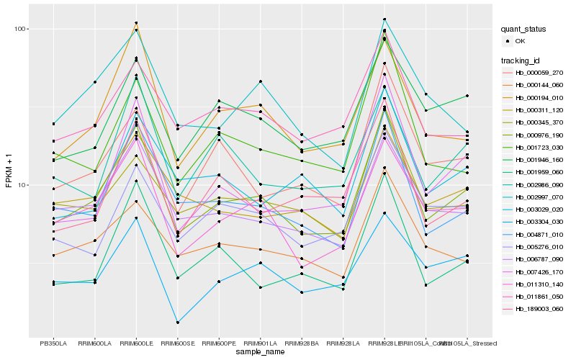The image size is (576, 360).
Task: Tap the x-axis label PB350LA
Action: (x=53, y=343)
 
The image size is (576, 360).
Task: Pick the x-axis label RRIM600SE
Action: (x=178, y=343)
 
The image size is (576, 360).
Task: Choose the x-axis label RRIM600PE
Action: (x=219, y=343)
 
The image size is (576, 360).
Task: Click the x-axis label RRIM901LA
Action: (x=261, y=343)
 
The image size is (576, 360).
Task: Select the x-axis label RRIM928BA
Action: (x=302, y=343)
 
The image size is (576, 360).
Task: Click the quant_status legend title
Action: (x=524, y=30)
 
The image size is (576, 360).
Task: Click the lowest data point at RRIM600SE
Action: (x=178, y=323)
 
